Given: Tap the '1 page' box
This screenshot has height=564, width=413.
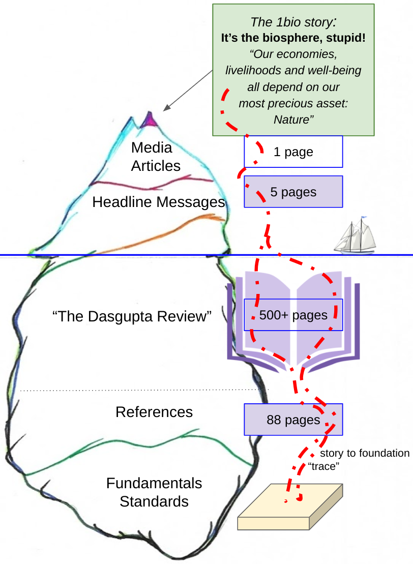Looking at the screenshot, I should (293, 152).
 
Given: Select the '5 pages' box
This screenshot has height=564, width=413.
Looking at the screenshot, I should (293, 192).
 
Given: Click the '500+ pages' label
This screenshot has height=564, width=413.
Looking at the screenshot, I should (293, 315).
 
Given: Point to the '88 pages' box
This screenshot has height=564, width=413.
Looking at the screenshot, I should (293, 420).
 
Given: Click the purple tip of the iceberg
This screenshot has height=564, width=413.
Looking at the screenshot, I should (150, 120).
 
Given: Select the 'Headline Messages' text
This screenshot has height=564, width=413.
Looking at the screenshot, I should (158, 202).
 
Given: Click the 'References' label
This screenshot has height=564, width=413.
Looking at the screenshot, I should (154, 411).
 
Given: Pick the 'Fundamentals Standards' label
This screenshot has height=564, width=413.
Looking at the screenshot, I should (154, 492).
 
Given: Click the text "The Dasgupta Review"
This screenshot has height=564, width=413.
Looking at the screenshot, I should (132, 316).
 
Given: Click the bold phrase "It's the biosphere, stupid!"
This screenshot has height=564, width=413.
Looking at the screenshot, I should (293, 38).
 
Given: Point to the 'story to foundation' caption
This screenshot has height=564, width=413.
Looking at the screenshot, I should (364, 453).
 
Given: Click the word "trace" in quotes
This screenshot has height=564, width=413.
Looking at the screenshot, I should (324, 466).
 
